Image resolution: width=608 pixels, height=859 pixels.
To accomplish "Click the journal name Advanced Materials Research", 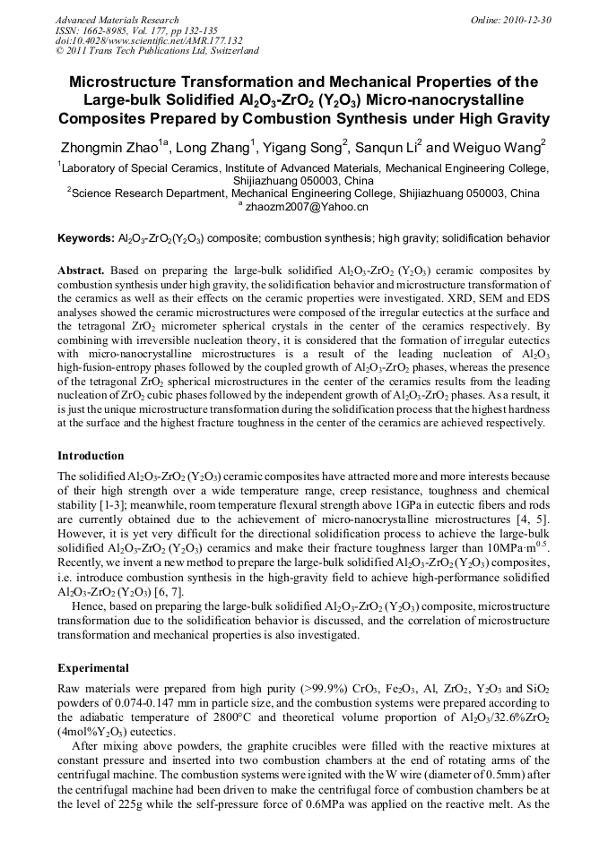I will click(x=117, y=20).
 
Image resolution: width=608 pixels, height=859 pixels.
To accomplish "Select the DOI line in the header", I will click(x=149, y=40).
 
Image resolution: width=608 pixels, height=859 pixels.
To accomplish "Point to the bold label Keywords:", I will click(x=86, y=239).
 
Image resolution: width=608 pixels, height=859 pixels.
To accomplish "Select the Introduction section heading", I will click(x=91, y=456).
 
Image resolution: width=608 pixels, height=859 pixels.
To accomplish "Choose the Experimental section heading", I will click(x=93, y=668).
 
